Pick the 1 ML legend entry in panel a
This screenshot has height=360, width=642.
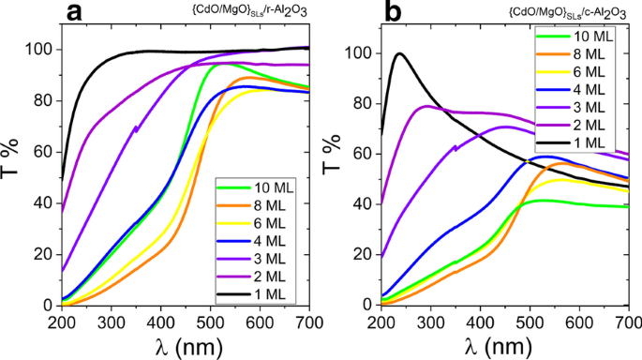(x=259, y=294)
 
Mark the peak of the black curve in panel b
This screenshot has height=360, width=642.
(x=400, y=53)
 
